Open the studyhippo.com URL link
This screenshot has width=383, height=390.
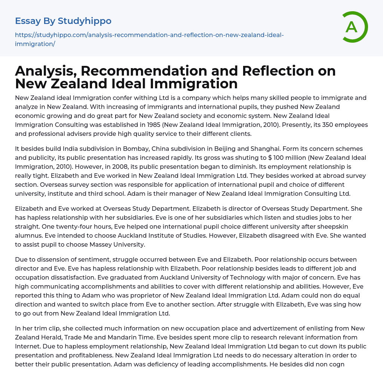(x=149, y=35)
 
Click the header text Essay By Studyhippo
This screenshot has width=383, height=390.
(x=63, y=21)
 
